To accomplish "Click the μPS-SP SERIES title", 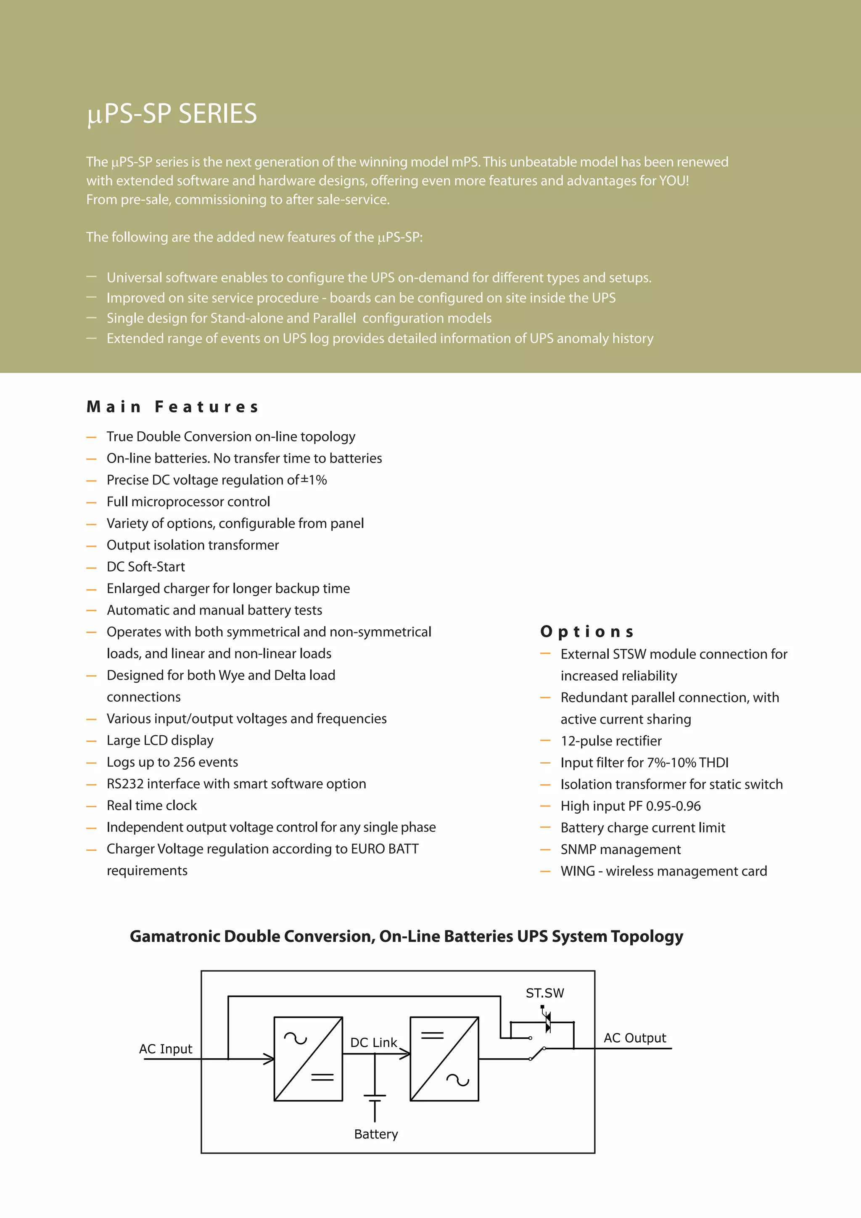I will point(172,114).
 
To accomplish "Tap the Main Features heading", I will point(173,407).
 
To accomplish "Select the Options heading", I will point(587,632).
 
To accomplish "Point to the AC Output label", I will point(634,1038).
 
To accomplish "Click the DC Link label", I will point(373,1042).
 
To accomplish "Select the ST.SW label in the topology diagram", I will point(545,993).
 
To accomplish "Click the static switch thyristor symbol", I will point(547,1022).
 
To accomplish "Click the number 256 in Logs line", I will point(184,762).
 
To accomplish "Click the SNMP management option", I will point(620,850).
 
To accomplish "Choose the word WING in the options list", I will point(578,872).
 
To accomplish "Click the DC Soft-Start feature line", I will point(146,567).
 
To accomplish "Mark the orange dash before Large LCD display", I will point(92,741).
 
